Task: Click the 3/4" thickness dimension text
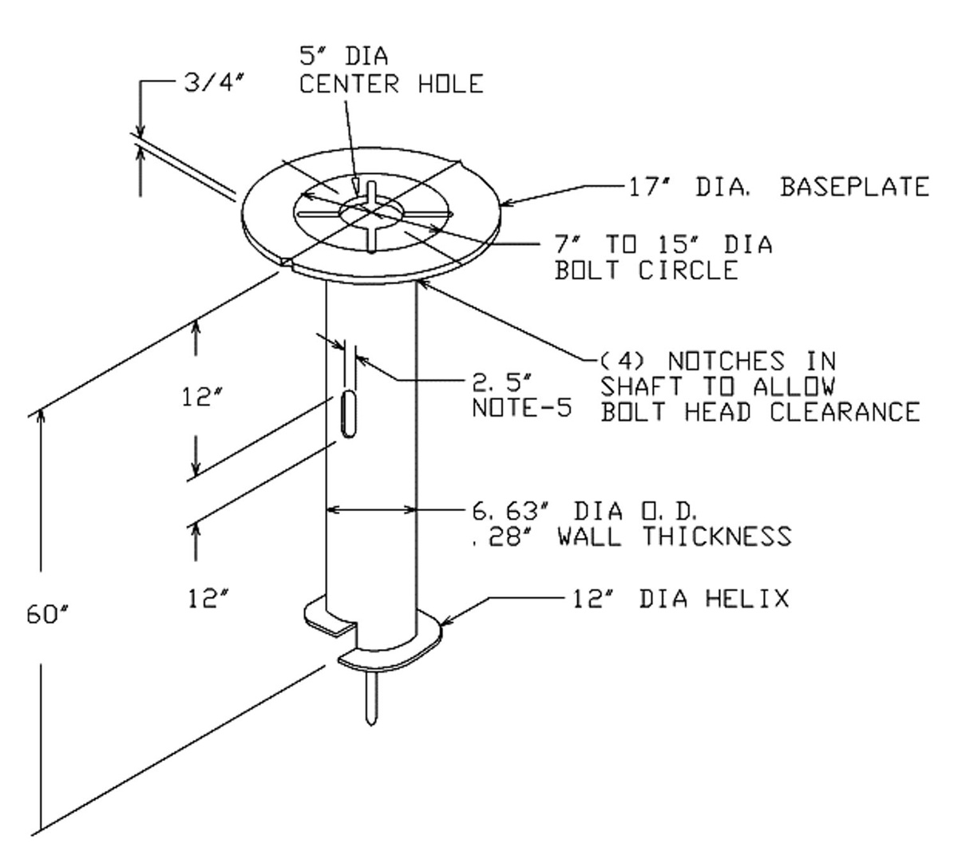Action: [215, 83]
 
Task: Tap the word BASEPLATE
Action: [855, 186]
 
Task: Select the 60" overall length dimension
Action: [48, 614]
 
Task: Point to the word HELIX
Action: [747, 599]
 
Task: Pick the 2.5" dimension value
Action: [501, 382]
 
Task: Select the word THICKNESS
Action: [717, 536]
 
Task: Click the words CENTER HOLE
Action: [391, 84]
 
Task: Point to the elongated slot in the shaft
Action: [349, 414]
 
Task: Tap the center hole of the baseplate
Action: [371, 211]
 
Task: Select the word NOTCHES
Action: [726, 362]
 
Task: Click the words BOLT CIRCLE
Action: [646, 270]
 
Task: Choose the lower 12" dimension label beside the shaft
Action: [208, 599]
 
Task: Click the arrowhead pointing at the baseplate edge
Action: [509, 203]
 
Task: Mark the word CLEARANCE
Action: [845, 412]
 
